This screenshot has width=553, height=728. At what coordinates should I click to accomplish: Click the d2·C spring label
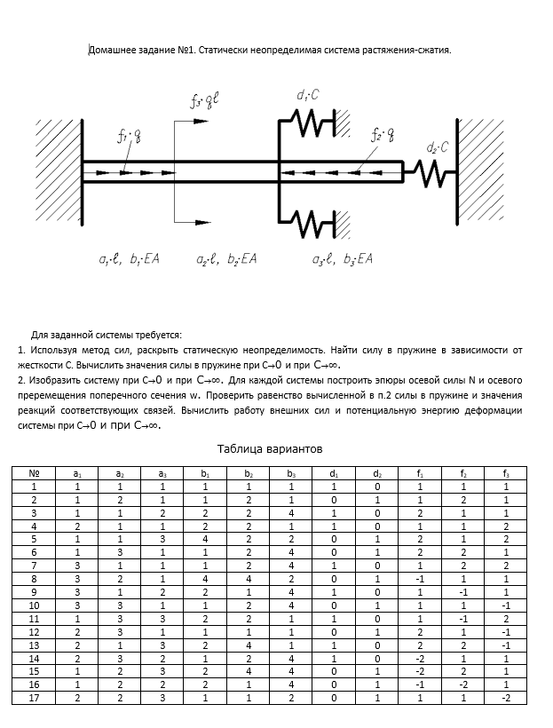point(437,147)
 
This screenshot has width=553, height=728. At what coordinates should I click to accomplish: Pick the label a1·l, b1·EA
point(129,259)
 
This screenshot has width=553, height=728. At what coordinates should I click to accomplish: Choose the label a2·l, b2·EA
point(226,259)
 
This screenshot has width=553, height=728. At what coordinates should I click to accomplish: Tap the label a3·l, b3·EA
point(342,259)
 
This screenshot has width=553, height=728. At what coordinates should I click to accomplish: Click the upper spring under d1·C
point(309,122)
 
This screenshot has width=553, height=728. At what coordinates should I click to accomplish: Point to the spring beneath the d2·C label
point(431,170)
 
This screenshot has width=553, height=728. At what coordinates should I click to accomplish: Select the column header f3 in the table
point(505,473)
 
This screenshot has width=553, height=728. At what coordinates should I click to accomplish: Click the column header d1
point(333,473)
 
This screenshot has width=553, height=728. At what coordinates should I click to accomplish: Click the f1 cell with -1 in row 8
point(419,580)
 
